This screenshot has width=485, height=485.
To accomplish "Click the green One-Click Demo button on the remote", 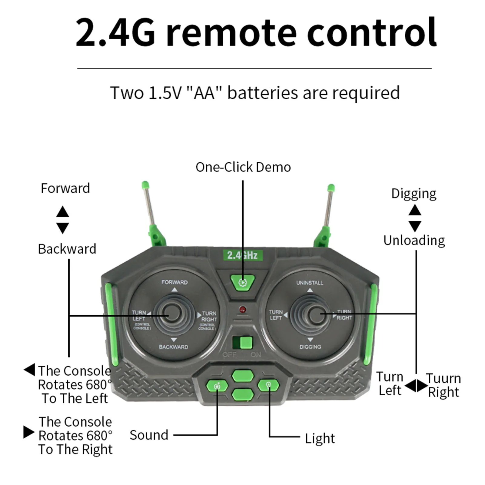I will [x=242, y=282].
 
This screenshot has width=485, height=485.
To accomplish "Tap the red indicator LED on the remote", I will [x=242, y=310].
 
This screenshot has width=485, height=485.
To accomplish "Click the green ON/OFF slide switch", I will [x=246, y=343].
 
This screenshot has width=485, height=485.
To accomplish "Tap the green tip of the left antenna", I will [x=145, y=184].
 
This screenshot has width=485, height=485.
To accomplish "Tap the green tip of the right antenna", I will [x=331, y=187].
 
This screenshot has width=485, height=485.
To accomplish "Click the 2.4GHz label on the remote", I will [x=242, y=255].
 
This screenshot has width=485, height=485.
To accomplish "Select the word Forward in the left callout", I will [x=65, y=188].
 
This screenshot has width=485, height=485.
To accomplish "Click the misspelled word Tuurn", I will [x=443, y=378].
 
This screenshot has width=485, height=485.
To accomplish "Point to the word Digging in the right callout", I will [x=414, y=194].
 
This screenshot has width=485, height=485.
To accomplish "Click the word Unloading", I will [x=414, y=241].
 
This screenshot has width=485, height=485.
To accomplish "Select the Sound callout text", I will [x=149, y=435].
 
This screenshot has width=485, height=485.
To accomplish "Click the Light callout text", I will [x=320, y=438].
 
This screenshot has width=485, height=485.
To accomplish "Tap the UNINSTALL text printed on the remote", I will [x=310, y=283].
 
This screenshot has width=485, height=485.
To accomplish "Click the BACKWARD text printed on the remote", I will [x=174, y=347].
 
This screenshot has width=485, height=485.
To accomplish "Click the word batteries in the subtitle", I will [x=262, y=93].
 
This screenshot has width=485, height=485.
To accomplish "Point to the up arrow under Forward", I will [x=63, y=211].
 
